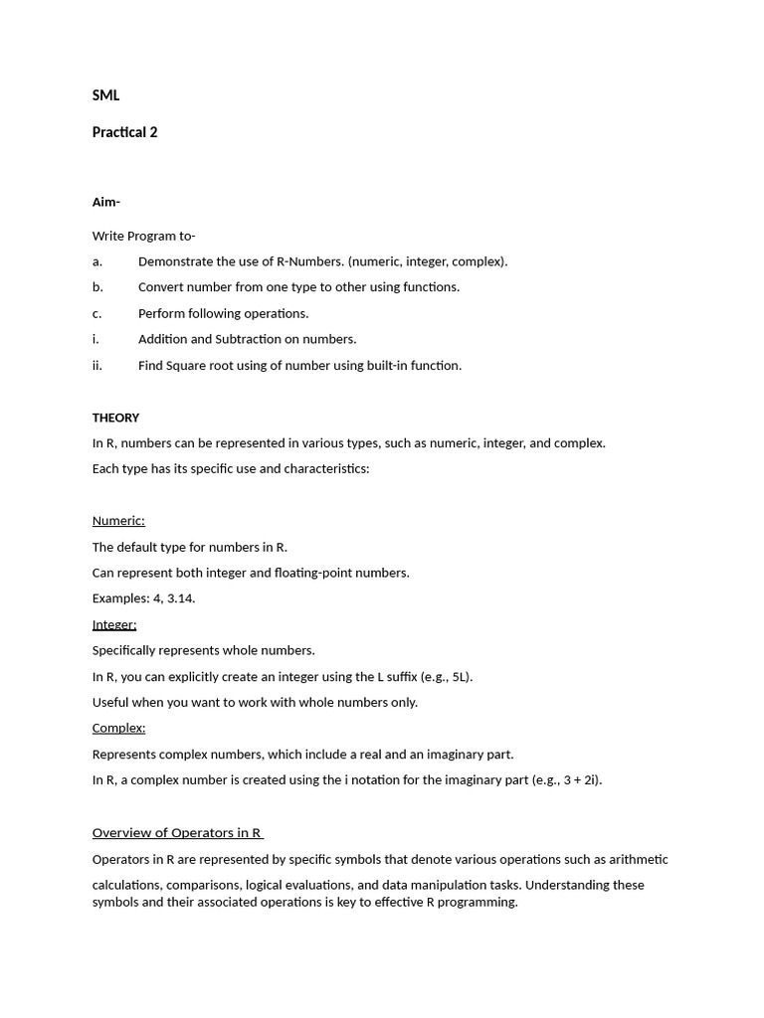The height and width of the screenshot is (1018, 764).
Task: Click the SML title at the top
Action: pyautogui.click(x=105, y=95)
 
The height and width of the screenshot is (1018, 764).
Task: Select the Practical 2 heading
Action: pyautogui.click(x=124, y=132)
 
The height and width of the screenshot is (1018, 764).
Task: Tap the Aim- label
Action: pyautogui.click(x=105, y=202)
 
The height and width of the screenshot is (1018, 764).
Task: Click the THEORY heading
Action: pyautogui.click(x=115, y=418)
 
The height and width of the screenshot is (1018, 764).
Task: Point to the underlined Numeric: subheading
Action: pyautogui.click(x=118, y=521)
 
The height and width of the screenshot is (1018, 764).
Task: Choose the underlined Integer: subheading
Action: pyautogui.click(x=114, y=624)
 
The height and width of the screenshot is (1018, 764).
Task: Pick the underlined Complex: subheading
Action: pyautogui.click(x=118, y=728)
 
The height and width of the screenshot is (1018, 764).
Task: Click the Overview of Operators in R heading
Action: pyautogui.click(x=177, y=833)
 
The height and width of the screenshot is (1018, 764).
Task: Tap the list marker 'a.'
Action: pyautogui.click(x=97, y=261)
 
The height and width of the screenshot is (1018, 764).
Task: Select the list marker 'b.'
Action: pyautogui.click(x=97, y=287)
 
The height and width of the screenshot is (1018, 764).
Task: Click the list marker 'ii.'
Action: pyautogui.click(x=97, y=365)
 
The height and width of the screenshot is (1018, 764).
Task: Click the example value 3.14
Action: pyautogui.click(x=180, y=598)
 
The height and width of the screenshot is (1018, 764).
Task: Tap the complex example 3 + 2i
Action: pyautogui.click(x=576, y=779)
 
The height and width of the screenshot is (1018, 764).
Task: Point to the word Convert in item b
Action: pyautogui.click(x=161, y=287)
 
